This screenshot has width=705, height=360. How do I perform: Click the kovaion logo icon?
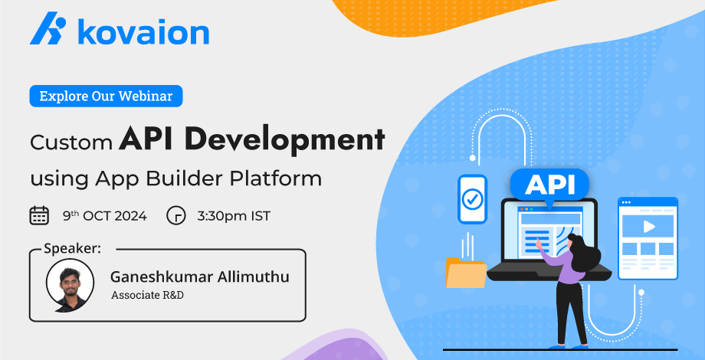pyautogui.click(x=48, y=28)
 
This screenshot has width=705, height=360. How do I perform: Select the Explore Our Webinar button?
pyautogui.click(x=106, y=97)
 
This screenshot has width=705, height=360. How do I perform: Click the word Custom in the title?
pyautogui.click(x=71, y=142)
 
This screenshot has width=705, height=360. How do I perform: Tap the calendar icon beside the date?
pyautogui.click(x=39, y=216)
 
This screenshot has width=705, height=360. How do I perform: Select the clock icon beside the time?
pyautogui.click(x=176, y=216)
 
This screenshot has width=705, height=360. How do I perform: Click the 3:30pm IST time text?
pyautogui.click(x=234, y=216)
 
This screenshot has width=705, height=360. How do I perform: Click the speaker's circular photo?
pyautogui.click(x=70, y=286)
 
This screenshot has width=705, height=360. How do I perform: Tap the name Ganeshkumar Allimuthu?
pyautogui.click(x=200, y=277)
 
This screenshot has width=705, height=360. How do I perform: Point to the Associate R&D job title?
pyautogui.click(x=147, y=296)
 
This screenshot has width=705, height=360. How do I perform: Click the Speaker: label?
pyautogui.click(x=72, y=249)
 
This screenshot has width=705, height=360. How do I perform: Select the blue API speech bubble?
pyautogui.click(x=549, y=186)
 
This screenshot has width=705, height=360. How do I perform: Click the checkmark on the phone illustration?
pyautogui.click(x=472, y=198)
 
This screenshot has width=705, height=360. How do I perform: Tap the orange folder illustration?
pyautogui.click(x=466, y=273)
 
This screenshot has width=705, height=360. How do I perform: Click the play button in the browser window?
pyautogui.click(x=649, y=227)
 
